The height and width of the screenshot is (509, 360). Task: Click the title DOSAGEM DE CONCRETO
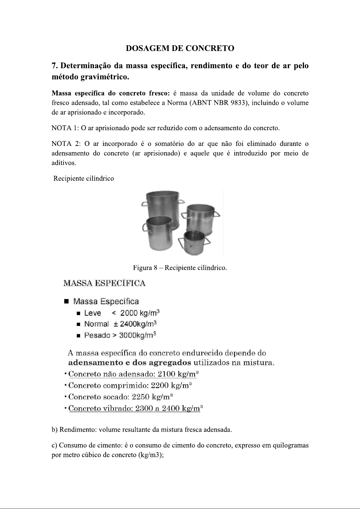click(180, 48)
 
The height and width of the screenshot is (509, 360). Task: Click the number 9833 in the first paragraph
click(239, 103)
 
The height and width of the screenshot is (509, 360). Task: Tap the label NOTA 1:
click(65, 128)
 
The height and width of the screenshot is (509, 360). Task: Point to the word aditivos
click(64, 163)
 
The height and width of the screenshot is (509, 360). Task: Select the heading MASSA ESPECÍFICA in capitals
click(104, 283)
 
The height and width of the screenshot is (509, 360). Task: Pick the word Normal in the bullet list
click(96, 324)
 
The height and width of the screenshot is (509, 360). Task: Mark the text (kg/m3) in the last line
click(150, 455)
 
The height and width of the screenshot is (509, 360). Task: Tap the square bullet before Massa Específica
click(66, 302)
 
